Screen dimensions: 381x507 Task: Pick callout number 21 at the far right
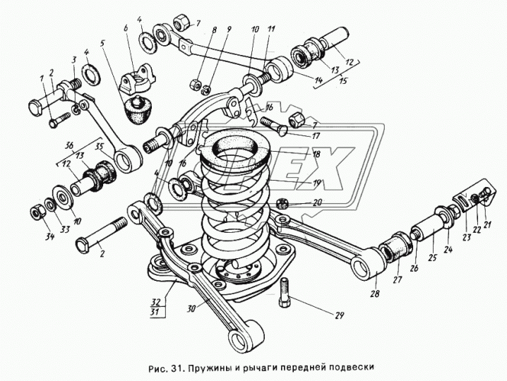point(486,224)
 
